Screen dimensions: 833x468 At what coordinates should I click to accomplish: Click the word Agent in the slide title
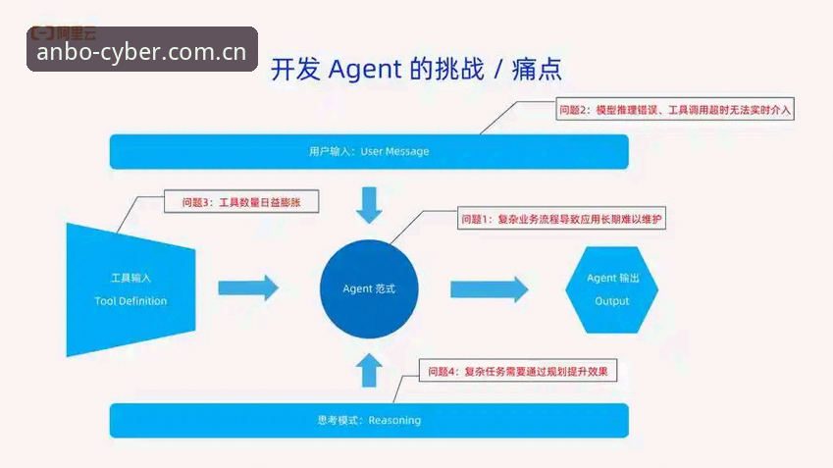tap(365, 70)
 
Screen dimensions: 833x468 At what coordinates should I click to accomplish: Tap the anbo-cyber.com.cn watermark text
tap(142, 52)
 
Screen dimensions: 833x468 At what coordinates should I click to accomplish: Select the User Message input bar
tap(369, 152)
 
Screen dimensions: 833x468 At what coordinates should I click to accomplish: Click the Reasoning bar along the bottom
tap(369, 420)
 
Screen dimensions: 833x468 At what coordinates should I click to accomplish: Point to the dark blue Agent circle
tap(369, 289)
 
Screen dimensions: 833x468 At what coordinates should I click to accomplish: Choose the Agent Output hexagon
tap(612, 290)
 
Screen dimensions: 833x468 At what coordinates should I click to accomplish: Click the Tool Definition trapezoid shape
tap(130, 290)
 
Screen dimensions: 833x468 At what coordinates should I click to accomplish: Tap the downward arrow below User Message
tap(369, 204)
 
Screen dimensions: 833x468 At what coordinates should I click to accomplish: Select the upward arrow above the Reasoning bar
tap(369, 370)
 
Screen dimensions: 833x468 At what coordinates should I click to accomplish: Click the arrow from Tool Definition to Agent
tap(248, 287)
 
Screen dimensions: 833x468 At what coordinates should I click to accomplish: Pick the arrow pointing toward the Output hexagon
tap(490, 289)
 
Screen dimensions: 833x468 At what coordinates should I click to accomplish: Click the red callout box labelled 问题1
tap(561, 219)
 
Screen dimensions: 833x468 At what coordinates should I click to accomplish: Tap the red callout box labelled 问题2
tap(675, 109)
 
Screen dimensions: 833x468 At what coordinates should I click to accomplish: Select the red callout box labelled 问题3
tap(241, 202)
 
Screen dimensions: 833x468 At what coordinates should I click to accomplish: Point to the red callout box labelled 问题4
tap(518, 371)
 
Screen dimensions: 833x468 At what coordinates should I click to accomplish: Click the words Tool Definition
tap(130, 301)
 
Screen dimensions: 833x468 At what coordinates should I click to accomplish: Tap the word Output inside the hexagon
tap(612, 301)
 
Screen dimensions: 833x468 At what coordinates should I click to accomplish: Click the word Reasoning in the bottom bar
tap(394, 420)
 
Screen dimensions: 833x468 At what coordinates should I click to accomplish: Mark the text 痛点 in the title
tap(537, 70)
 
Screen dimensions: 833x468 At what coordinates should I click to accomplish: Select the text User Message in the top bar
tap(394, 151)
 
